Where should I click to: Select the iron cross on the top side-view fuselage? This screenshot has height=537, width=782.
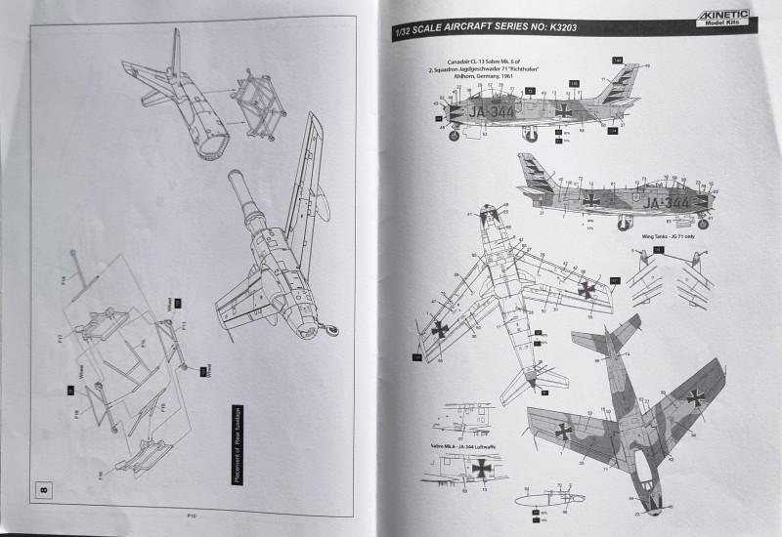point(565,111)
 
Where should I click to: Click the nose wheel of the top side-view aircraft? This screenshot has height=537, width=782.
point(453,137)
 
